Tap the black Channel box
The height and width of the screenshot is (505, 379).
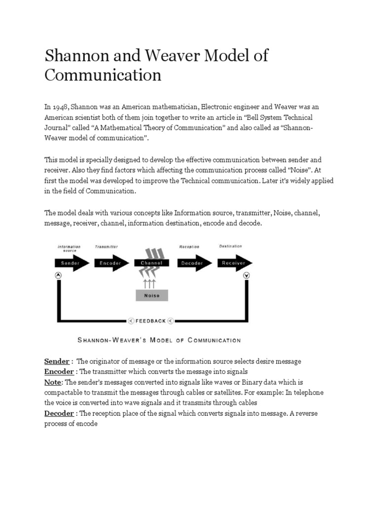click(152, 263)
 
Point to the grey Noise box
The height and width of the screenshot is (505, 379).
click(152, 295)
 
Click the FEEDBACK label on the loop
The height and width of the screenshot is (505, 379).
click(151, 321)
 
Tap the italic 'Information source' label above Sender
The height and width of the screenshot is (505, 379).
click(69, 248)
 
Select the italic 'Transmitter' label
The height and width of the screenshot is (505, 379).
click(106, 247)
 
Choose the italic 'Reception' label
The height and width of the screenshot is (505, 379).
click(189, 247)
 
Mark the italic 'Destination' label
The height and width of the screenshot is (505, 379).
click(230, 246)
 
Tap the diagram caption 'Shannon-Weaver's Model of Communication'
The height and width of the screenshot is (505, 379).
click(159, 340)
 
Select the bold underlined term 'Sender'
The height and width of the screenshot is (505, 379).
click(57, 361)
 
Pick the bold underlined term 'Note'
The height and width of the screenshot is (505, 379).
click(53, 382)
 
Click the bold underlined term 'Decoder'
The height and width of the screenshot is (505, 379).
click(59, 413)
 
